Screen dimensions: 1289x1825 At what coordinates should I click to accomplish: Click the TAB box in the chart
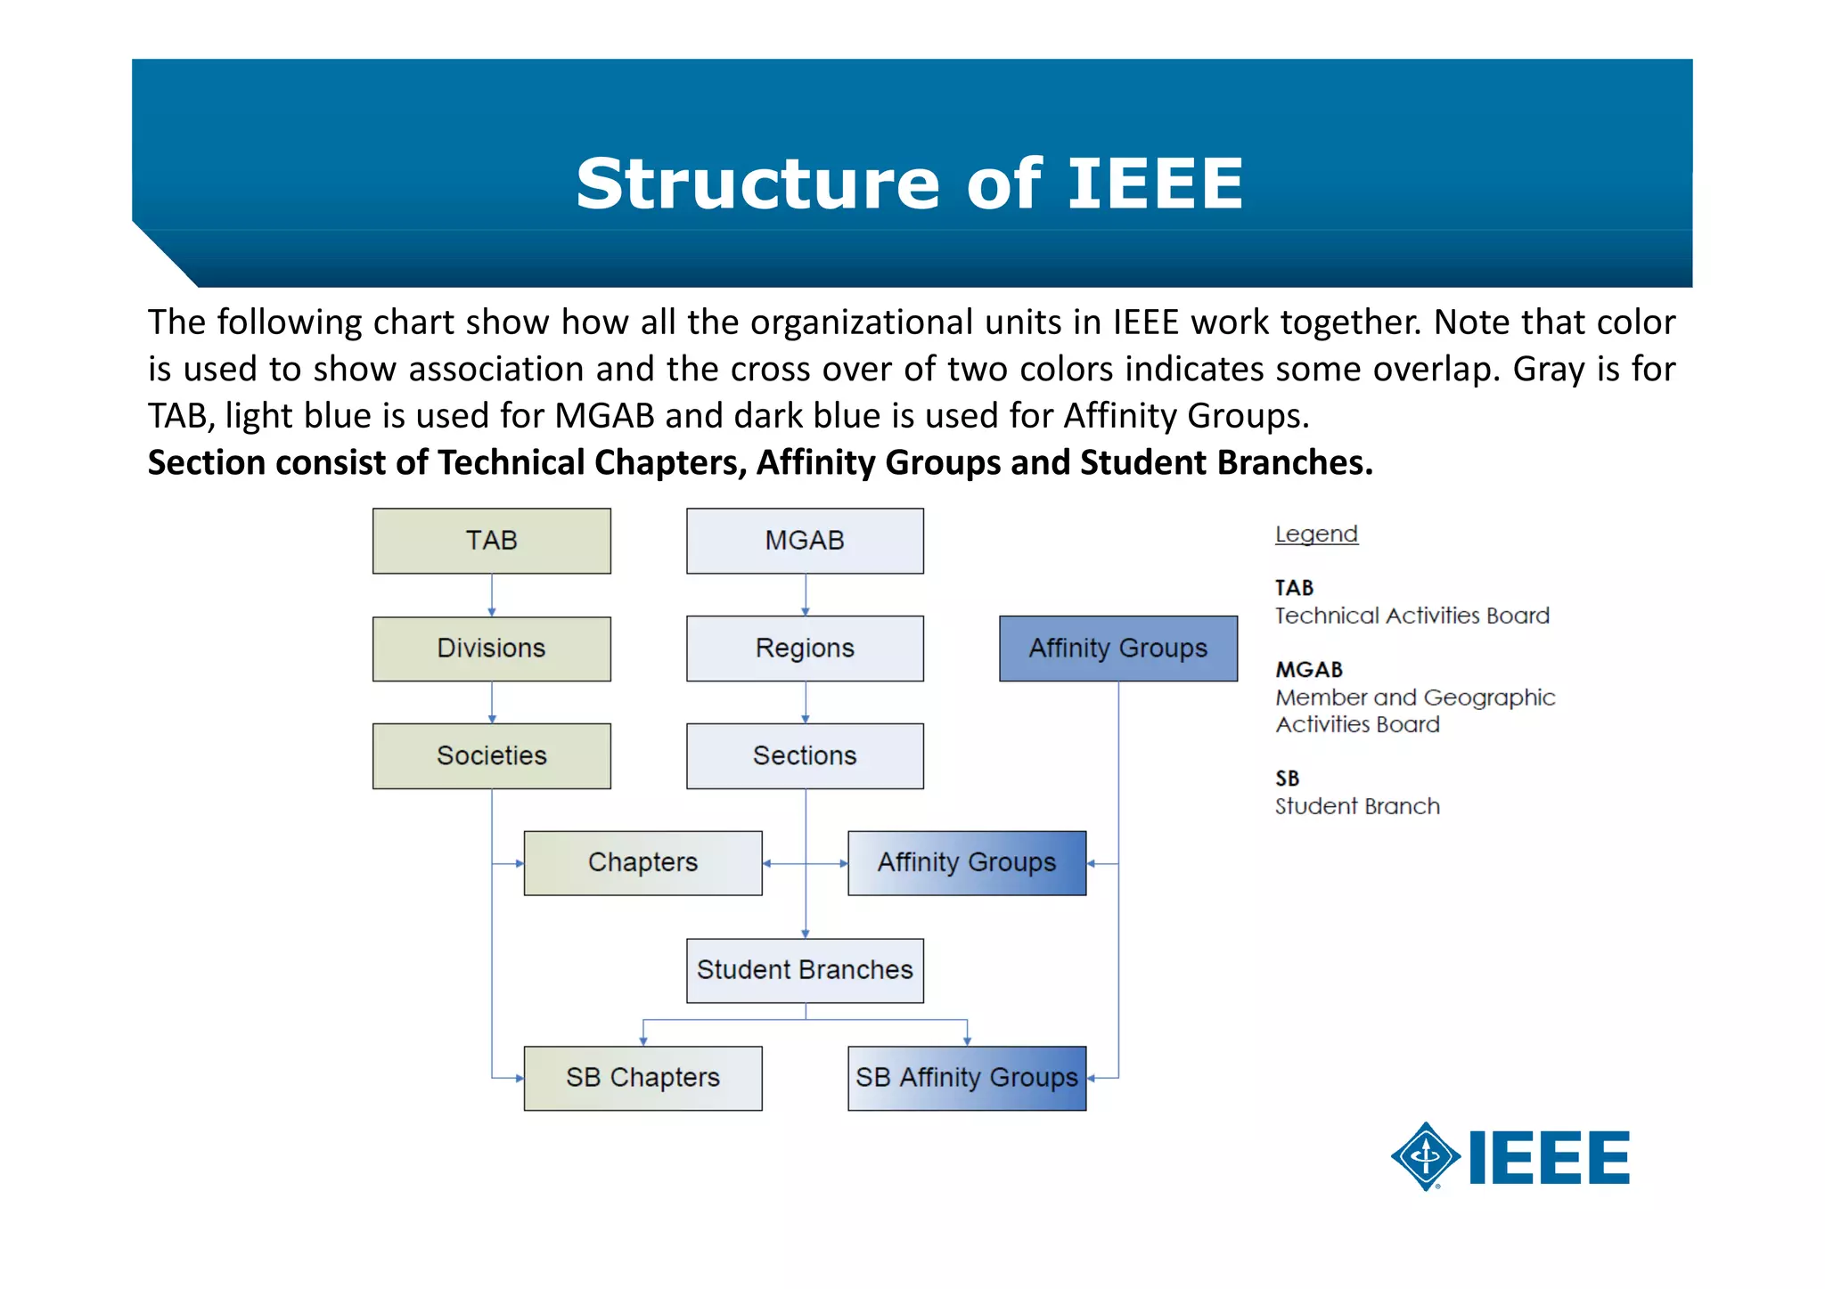click(491, 541)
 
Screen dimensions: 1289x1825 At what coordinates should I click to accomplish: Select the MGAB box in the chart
click(805, 541)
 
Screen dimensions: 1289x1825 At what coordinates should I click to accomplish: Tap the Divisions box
click(491, 649)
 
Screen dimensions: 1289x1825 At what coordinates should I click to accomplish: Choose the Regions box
click(805, 649)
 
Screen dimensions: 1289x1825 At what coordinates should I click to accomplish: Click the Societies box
click(491, 755)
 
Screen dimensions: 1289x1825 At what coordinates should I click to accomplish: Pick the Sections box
click(805, 755)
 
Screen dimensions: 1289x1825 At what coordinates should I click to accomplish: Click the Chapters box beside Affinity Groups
click(642, 862)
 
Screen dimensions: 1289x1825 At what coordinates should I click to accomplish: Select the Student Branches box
click(805, 970)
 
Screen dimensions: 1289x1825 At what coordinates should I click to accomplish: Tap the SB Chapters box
click(642, 1078)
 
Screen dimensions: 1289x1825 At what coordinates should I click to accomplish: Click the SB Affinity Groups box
click(967, 1078)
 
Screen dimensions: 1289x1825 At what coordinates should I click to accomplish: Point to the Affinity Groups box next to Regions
click(1117, 649)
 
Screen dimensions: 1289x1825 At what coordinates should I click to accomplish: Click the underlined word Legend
click(1316, 534)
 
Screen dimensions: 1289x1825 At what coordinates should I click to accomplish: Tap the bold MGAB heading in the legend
click(1308, 670)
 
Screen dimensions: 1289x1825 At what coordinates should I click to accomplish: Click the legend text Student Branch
click(1356, 806)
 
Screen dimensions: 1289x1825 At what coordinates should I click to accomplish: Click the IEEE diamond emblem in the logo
click(1426, 1156)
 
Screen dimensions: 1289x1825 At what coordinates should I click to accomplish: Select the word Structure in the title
click(757, 184)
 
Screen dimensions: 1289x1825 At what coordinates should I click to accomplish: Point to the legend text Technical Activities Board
click(1412, 616)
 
